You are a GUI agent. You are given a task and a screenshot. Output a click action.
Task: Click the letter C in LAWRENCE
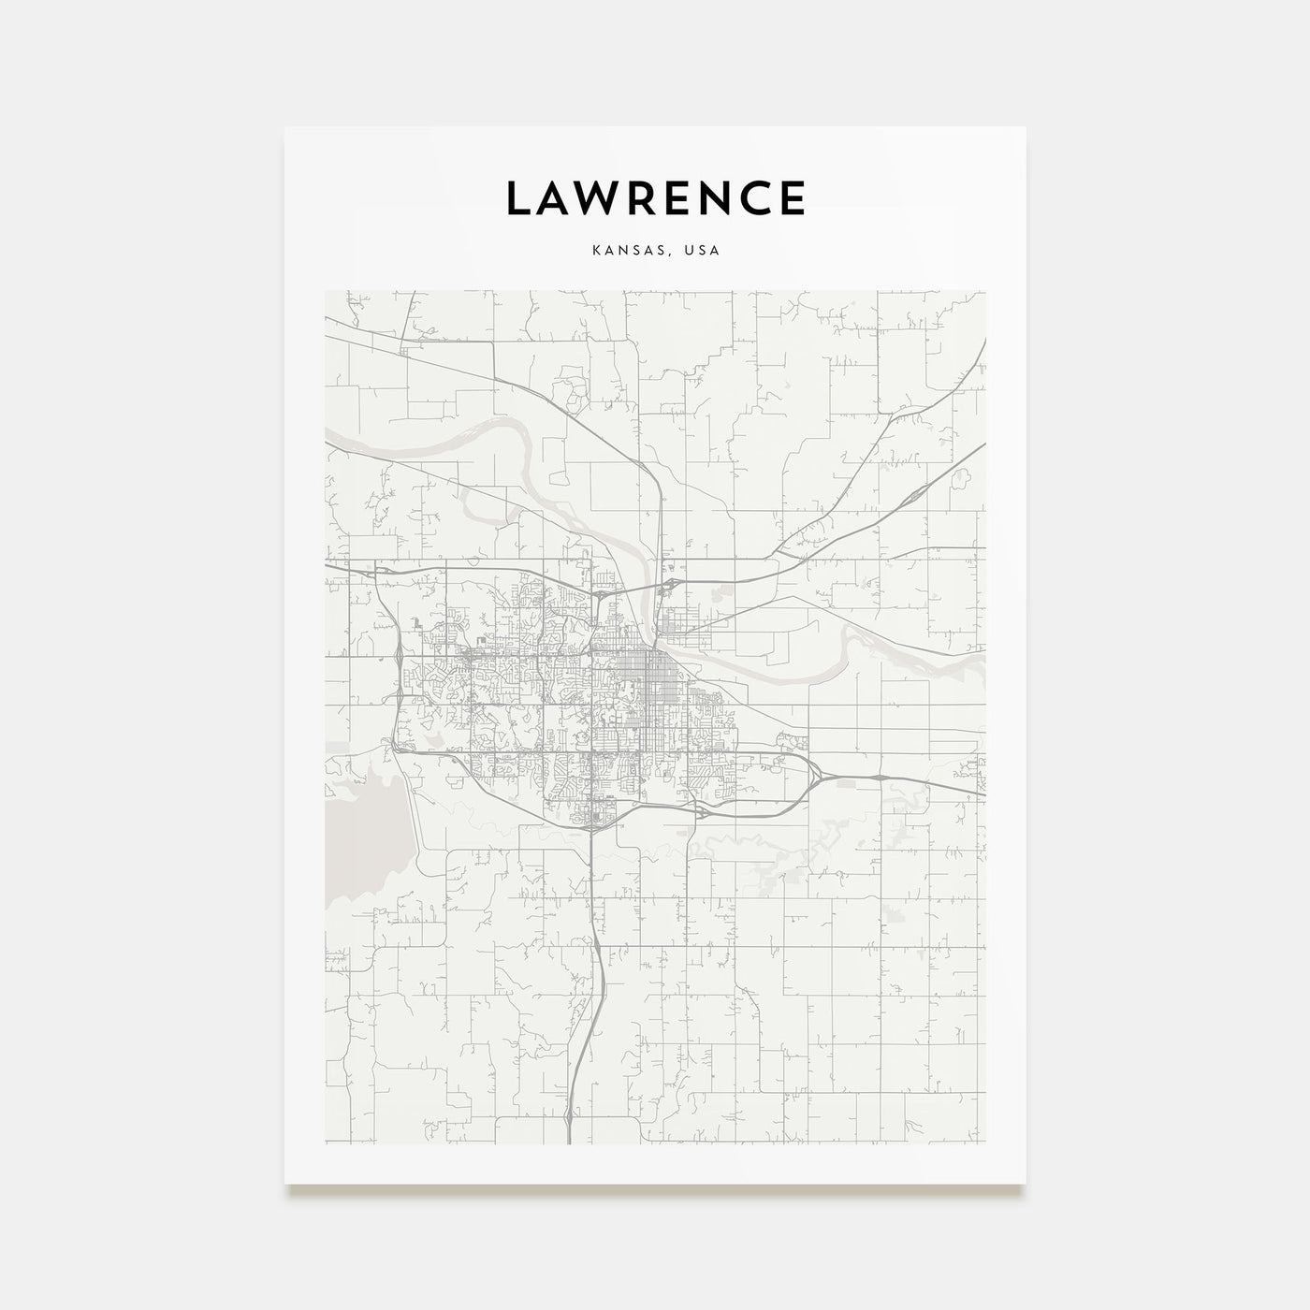pos(754,197)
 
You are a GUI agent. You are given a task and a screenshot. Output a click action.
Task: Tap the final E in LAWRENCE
pos(792,197)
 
